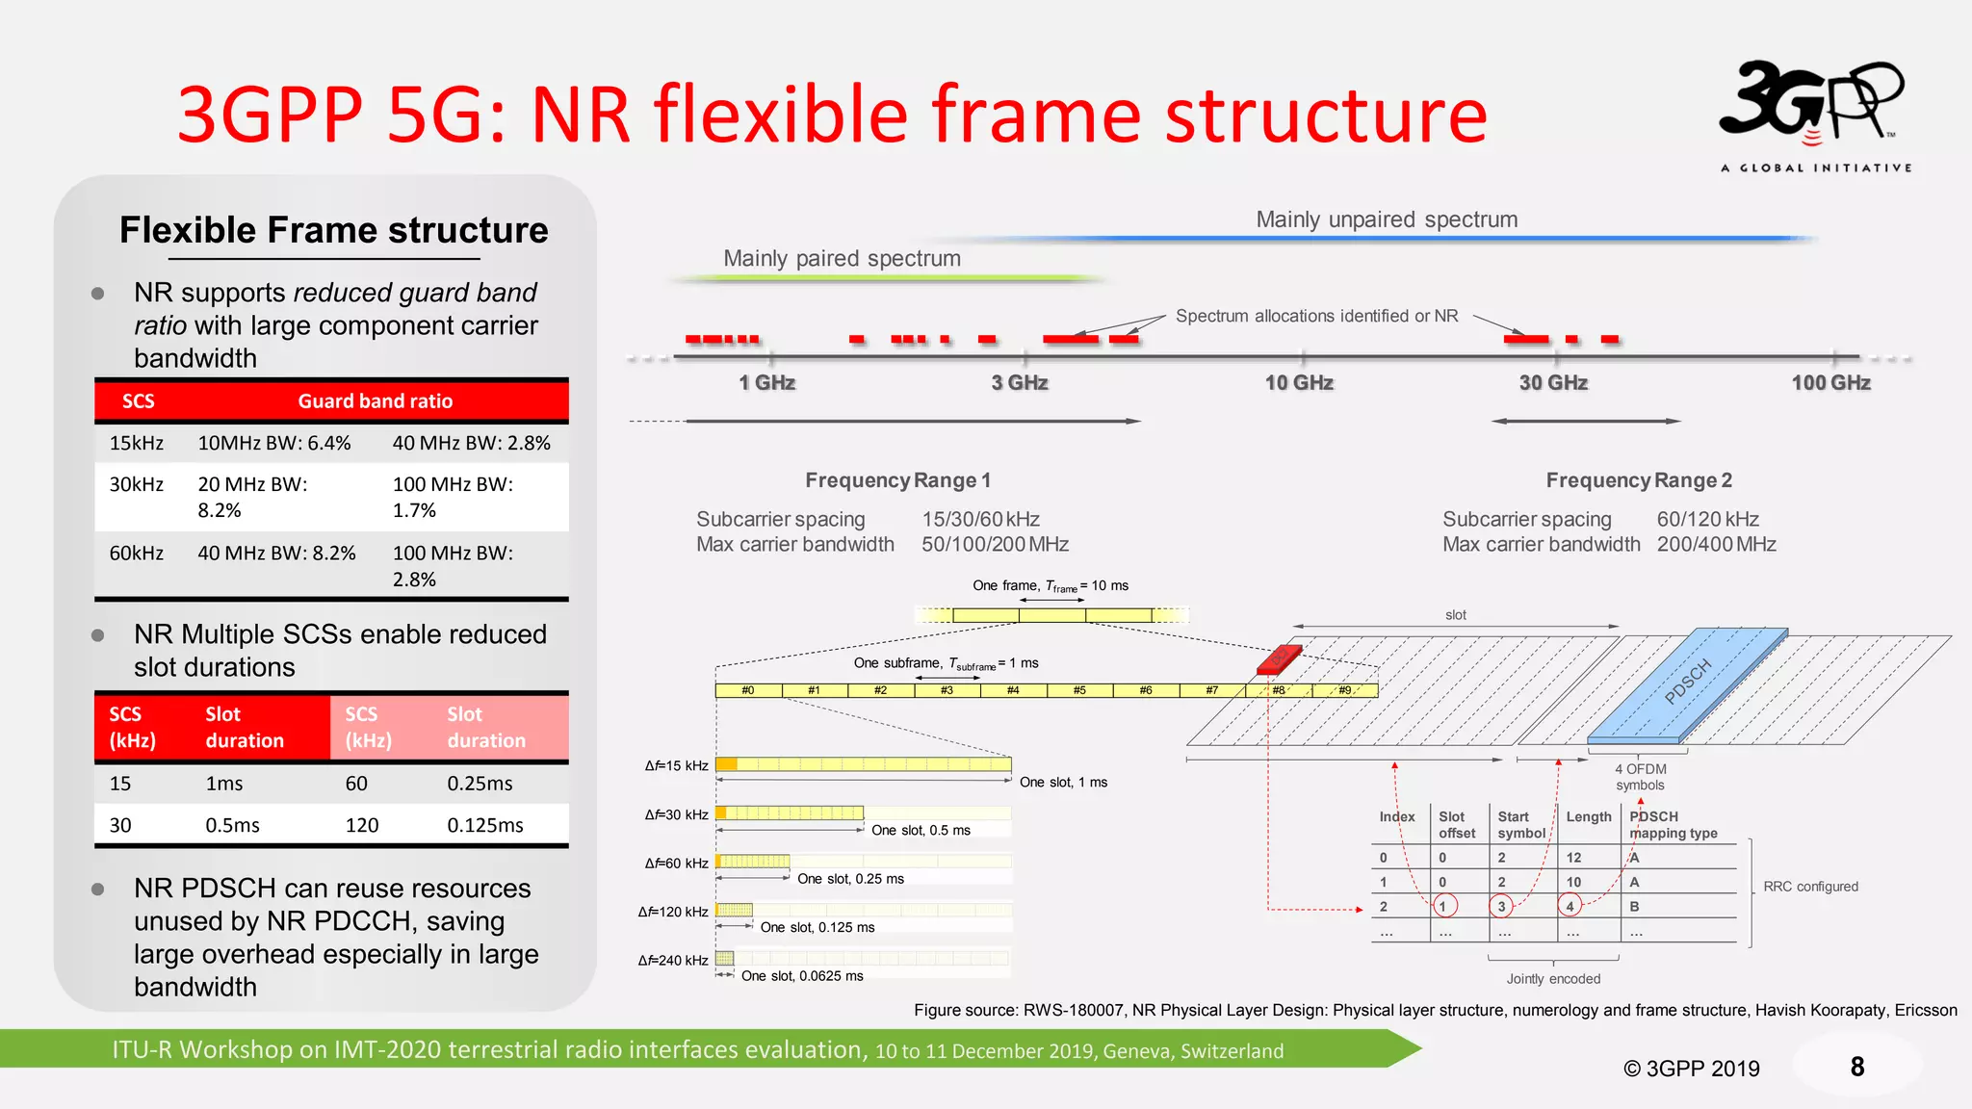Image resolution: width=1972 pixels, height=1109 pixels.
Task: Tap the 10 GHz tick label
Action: pos(1299,383)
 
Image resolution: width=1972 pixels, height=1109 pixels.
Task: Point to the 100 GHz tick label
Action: pos(1830,383)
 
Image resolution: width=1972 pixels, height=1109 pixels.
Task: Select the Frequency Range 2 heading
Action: pos(1639,480)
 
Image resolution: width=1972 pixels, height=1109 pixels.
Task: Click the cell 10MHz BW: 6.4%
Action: pos(274,444)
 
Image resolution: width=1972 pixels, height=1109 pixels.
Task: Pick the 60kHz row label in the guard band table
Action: pos(137,554)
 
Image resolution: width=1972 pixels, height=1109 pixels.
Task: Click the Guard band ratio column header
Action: pos(375,401)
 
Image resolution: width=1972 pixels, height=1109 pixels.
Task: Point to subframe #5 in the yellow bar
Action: pos(1079,690)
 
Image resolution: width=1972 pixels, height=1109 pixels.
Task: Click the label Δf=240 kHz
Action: pos(673,961)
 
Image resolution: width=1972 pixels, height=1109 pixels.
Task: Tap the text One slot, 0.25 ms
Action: pos(850,879)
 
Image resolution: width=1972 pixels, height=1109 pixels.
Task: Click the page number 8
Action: pos(1856,1067)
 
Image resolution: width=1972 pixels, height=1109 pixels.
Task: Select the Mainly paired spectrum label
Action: pos(842,259)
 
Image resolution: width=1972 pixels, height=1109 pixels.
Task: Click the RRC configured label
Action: pos(1810,887)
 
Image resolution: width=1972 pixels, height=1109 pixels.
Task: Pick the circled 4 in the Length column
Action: pos(1570,906)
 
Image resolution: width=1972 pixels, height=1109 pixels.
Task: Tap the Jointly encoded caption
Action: pos(1553,979)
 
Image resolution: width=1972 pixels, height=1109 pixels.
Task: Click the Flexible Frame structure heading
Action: pos(333,231)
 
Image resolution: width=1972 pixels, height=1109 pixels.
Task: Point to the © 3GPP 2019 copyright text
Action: pos(1691,1069)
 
